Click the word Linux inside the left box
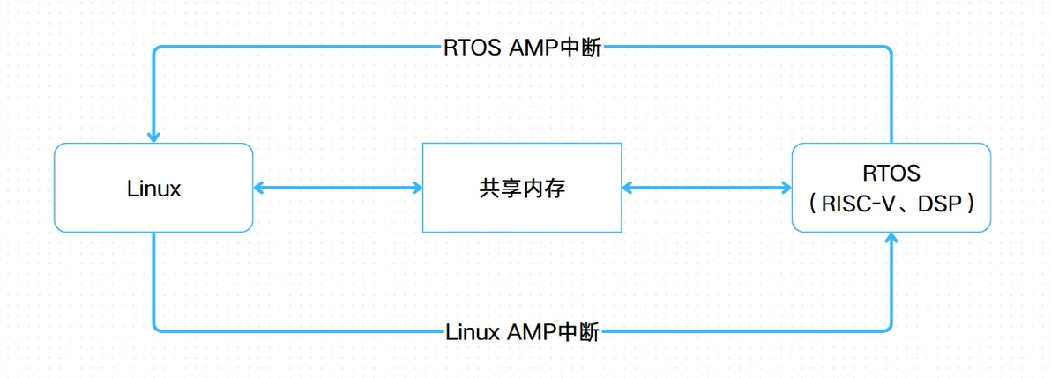coord(154,189)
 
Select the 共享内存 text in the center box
coord(521,188)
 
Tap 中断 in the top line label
coord(584,48)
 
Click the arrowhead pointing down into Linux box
coord(153,137)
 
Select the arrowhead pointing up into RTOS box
coord(891,239)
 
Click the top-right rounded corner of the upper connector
coord(888,51)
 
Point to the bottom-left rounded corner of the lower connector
coord(157,328)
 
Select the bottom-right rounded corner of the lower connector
coord(888,328)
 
